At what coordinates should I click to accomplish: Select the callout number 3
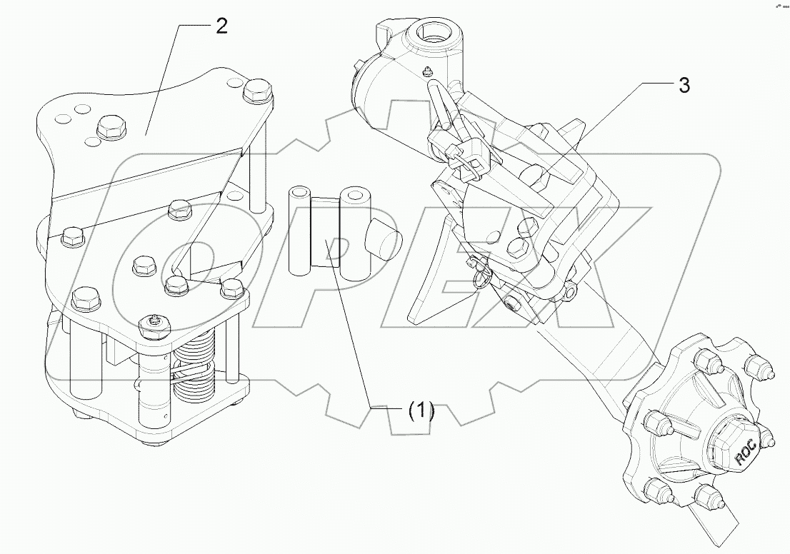pyautogui.click(x=684, y=86)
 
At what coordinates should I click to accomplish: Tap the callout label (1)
pyautogui.click(x=421, y=411)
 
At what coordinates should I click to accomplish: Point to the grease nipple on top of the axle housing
pyautogui.click(x=426, y=71)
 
